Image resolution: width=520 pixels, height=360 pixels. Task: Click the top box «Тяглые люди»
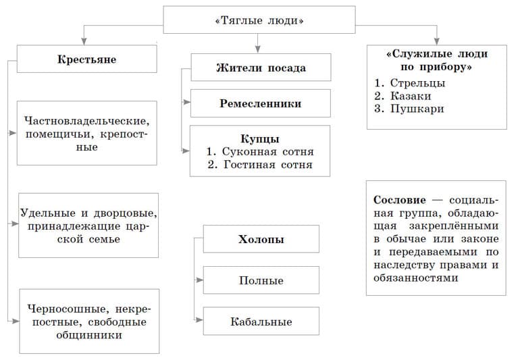(259, 20)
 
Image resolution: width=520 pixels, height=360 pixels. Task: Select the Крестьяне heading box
(86, 59)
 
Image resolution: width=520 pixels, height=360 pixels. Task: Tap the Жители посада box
(261, 68)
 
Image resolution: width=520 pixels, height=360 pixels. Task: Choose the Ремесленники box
(261, 104)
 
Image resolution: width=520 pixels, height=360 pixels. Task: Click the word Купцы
(260, 139)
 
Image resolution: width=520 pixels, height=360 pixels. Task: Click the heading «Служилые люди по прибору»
(437, 60)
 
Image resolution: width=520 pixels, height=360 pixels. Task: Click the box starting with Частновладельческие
(86, 134)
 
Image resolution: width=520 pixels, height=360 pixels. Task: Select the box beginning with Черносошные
(89, 322)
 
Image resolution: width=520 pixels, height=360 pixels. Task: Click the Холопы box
(261, 240)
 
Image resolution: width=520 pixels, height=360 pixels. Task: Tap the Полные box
(261, 280)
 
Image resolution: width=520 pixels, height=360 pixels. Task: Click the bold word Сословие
(399, 201)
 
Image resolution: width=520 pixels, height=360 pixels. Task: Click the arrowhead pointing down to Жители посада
(257, 49)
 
